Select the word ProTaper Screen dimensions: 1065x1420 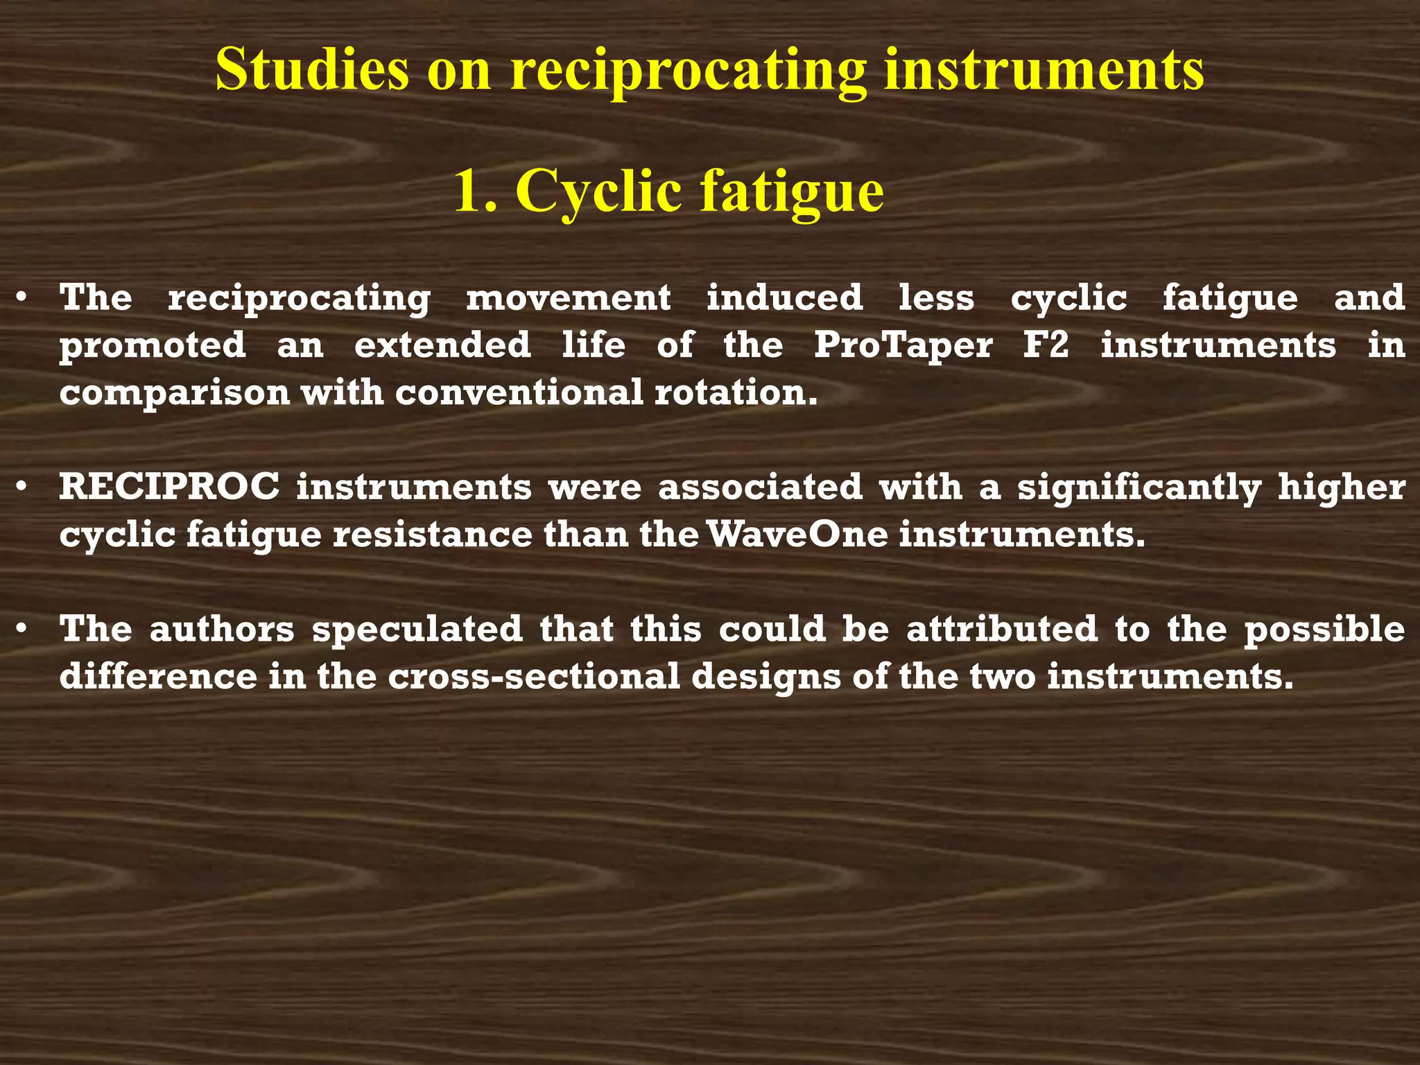[903, 345]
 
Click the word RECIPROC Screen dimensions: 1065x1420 [170, 487]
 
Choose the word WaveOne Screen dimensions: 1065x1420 [798, 535]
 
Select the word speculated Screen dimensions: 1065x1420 [417, 629]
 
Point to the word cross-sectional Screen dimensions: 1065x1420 [534, 677]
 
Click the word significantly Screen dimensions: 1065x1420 [1139, 488]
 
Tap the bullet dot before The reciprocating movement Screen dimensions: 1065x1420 [23, 298]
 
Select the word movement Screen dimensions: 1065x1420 [568, 298]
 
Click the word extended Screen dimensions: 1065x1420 [442, 345]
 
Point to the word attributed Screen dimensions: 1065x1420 [1002, 629]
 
